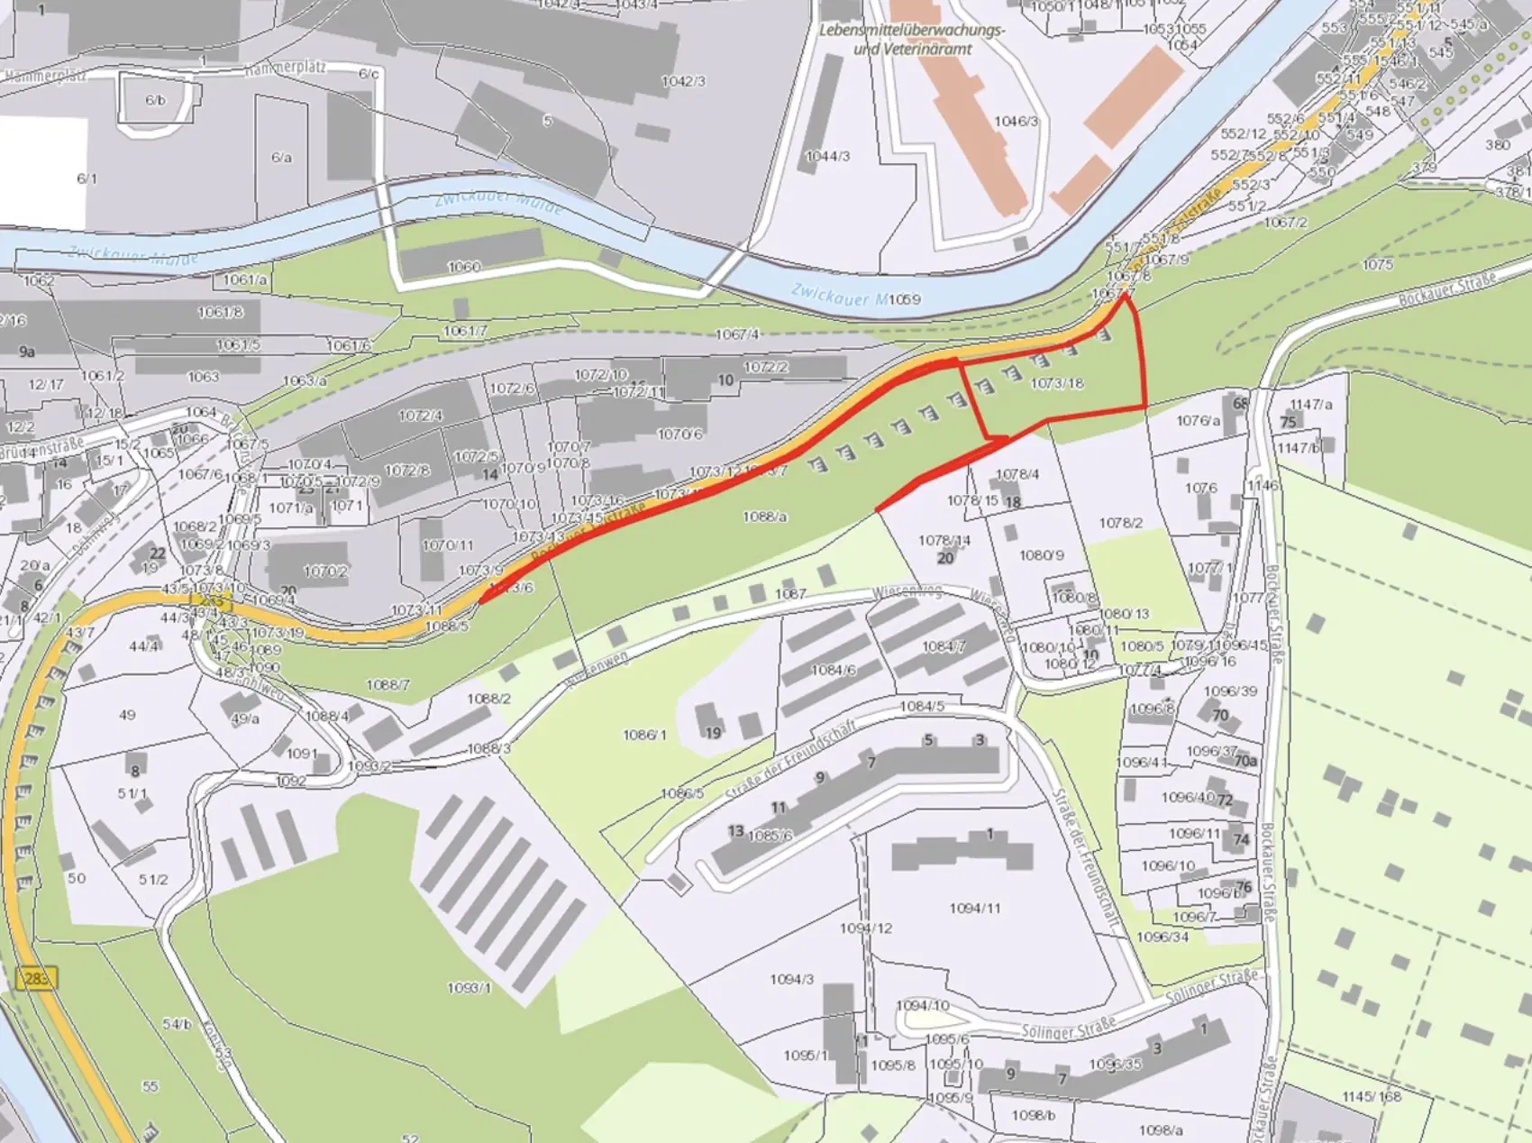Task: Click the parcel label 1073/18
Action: click(1057, 383)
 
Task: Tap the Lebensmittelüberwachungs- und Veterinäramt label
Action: click(912, 40)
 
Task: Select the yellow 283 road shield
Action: click(36, 977)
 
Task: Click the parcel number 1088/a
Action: click(765, 517)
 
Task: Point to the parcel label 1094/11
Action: click(975, 908)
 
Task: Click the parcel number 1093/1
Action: click(470, 988)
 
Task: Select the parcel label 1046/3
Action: click(1017, 121)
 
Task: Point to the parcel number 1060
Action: click(464, 267)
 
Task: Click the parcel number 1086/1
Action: click(644, 735)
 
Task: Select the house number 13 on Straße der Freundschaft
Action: click(736, 830)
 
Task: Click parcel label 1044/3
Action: click(827, 156)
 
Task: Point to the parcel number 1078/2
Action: click(1120, 523)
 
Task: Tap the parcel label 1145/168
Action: click(1372, 1096)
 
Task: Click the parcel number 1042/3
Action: click(683, 81)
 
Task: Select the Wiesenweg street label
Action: click(907, 592)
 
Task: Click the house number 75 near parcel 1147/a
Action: click(1288, 422)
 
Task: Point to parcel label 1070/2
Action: click(325, 571)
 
